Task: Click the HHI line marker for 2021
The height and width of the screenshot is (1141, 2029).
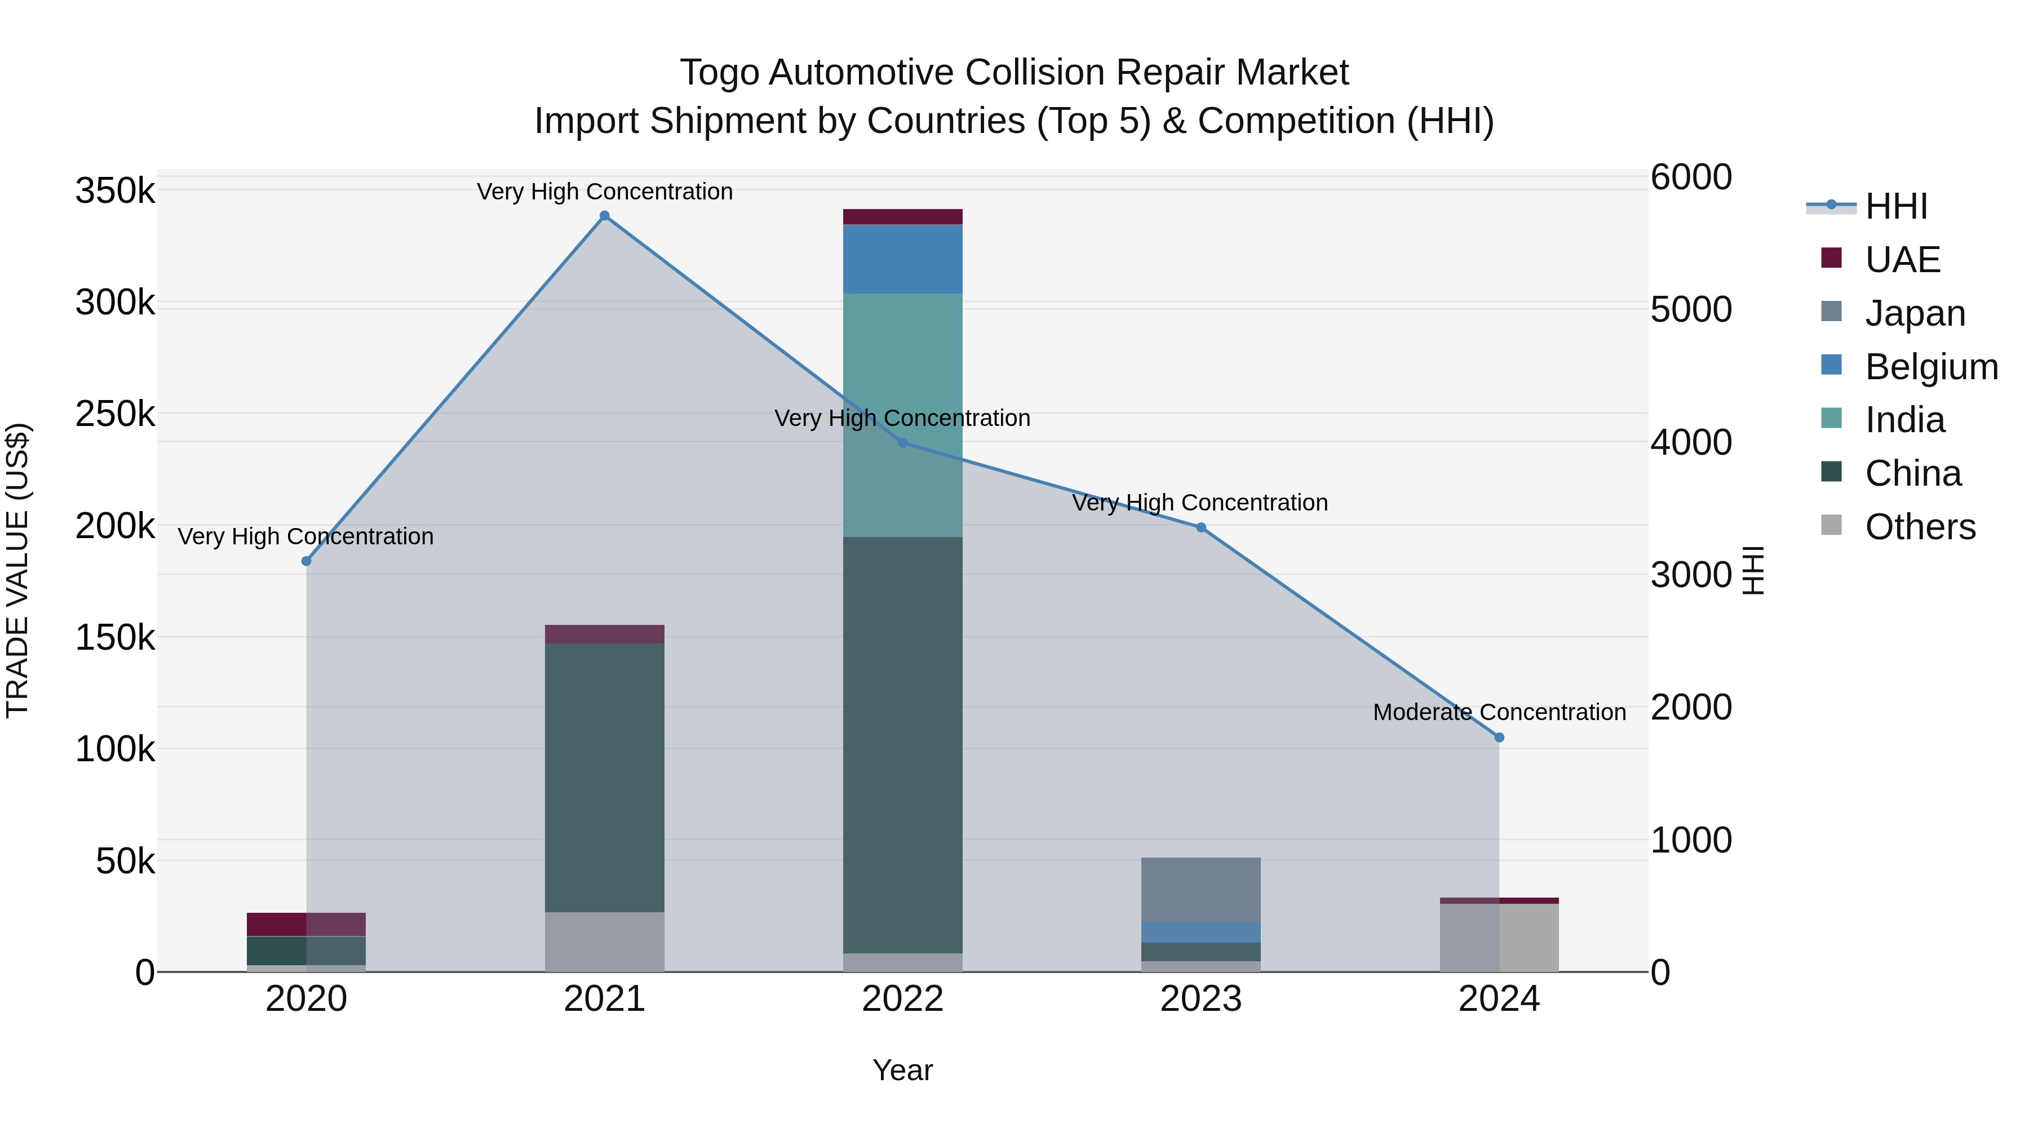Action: (604, 216)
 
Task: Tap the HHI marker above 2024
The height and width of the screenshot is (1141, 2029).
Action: (1499, 738)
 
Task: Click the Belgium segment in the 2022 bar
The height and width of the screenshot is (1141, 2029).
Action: (903, 259)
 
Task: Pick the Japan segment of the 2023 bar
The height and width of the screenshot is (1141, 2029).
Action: (1200, 890)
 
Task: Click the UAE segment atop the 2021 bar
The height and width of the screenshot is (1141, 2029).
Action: (604, 634)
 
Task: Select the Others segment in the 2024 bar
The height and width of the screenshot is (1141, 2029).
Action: (1499, 937)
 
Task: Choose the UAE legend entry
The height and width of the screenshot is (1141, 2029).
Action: (1902, 260)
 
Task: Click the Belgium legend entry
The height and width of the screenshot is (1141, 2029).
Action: (1930, 367)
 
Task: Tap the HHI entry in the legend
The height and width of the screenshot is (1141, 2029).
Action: (1896, 206)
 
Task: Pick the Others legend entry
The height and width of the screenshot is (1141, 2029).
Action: (1920, 527)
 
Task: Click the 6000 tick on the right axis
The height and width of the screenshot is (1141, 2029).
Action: (1691, 177)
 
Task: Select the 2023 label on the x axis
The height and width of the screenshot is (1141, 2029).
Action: (1200, 999)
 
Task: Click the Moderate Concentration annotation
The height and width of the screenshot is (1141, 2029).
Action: (1499, 712)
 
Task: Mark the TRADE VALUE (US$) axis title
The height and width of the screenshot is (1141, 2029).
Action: (17, 570)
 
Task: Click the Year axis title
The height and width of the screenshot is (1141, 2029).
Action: (903, 1070)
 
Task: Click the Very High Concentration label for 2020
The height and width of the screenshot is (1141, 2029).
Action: (305, 536)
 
